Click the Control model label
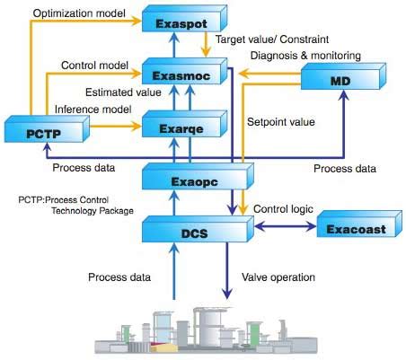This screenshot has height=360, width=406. (x=93, y=66)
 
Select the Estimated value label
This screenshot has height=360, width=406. (x=122, y=91)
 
